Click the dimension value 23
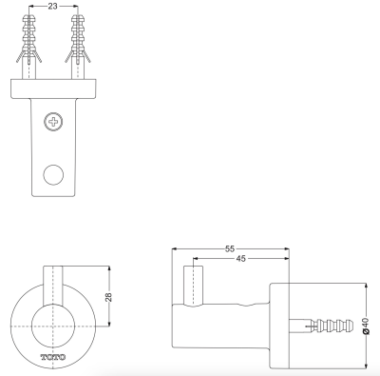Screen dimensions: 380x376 (53, 6)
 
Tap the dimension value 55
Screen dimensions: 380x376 (230, 249)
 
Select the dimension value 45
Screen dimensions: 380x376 (240, 259)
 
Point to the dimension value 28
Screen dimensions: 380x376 (109, 297)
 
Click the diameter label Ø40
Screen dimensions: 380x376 (366, 327)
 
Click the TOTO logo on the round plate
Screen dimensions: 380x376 (53, 357)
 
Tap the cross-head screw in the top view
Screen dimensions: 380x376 (53, 122)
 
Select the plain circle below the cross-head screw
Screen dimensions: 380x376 (53, 175)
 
